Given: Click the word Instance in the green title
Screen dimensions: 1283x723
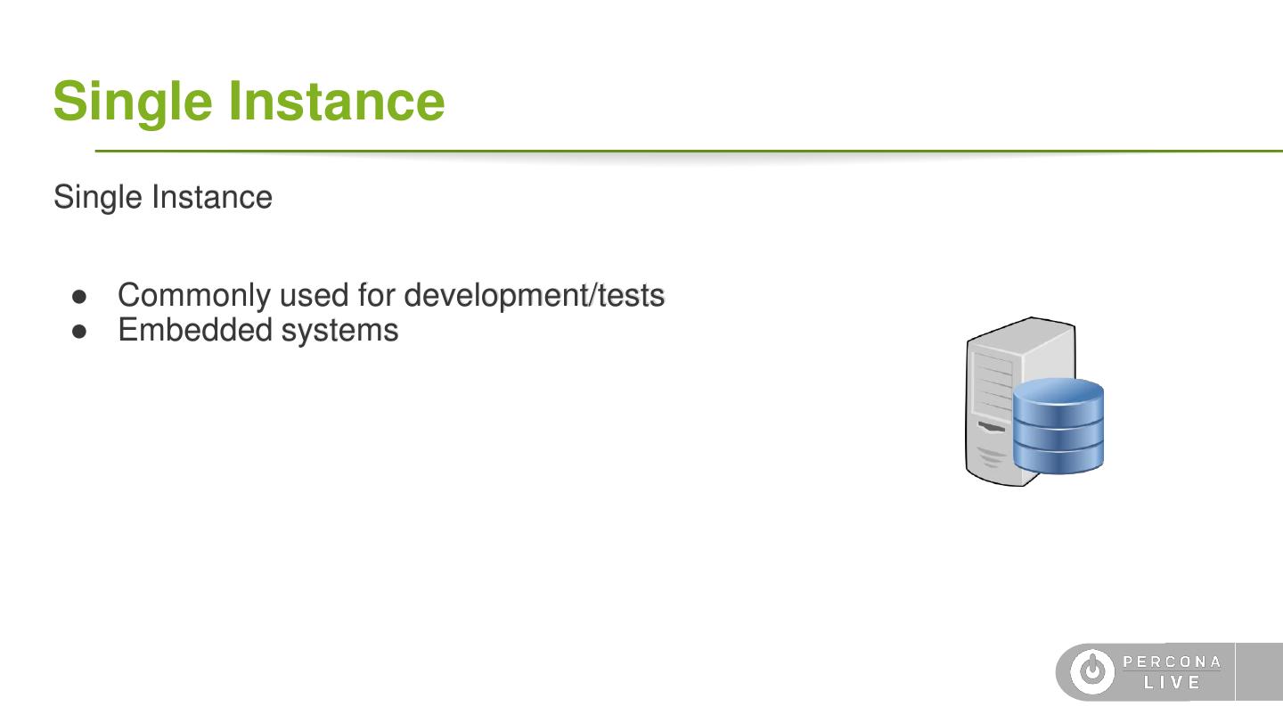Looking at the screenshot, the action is click(337, 101).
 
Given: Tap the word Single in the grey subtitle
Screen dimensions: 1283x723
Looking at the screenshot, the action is click(98, 198).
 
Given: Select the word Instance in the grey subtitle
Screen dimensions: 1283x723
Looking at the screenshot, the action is click(212, 197).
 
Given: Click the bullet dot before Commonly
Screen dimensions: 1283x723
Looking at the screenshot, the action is click(79, 297).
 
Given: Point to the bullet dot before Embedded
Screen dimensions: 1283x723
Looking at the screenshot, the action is click(79, 332).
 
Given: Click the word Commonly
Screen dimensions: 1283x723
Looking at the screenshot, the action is click(194, 297).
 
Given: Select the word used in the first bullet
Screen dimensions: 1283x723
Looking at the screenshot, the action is click(314, 296).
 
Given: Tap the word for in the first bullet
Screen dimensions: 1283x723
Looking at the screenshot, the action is click(376, 295).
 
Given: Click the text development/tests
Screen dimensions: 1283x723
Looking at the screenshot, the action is click(535, 296).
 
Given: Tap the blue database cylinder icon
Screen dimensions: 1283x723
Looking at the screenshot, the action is click(1058, 426).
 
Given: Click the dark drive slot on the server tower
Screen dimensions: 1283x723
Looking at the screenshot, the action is click(991, 427).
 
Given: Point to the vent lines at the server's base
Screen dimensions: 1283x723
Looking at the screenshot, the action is click(991, 456).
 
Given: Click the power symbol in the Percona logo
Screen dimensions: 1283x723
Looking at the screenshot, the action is click(1092, 671).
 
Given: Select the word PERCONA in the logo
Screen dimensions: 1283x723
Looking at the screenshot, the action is click(1172, 661).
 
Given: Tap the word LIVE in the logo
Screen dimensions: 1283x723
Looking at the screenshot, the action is click(1172, 682).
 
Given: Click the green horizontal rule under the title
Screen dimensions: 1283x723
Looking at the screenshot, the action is click(689, 152).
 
